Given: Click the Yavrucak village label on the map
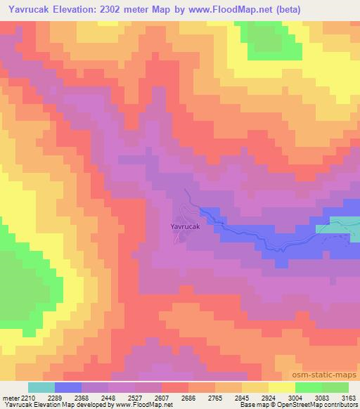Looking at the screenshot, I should tap(186, 227).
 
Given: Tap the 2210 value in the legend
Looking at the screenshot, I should tap(28, 397).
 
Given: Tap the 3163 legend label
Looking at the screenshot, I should tap(349, 397).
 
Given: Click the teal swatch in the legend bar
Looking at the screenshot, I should tap(41, 387).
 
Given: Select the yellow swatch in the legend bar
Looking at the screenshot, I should tap(281, 387).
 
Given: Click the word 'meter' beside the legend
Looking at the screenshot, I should tap(10, 397).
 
